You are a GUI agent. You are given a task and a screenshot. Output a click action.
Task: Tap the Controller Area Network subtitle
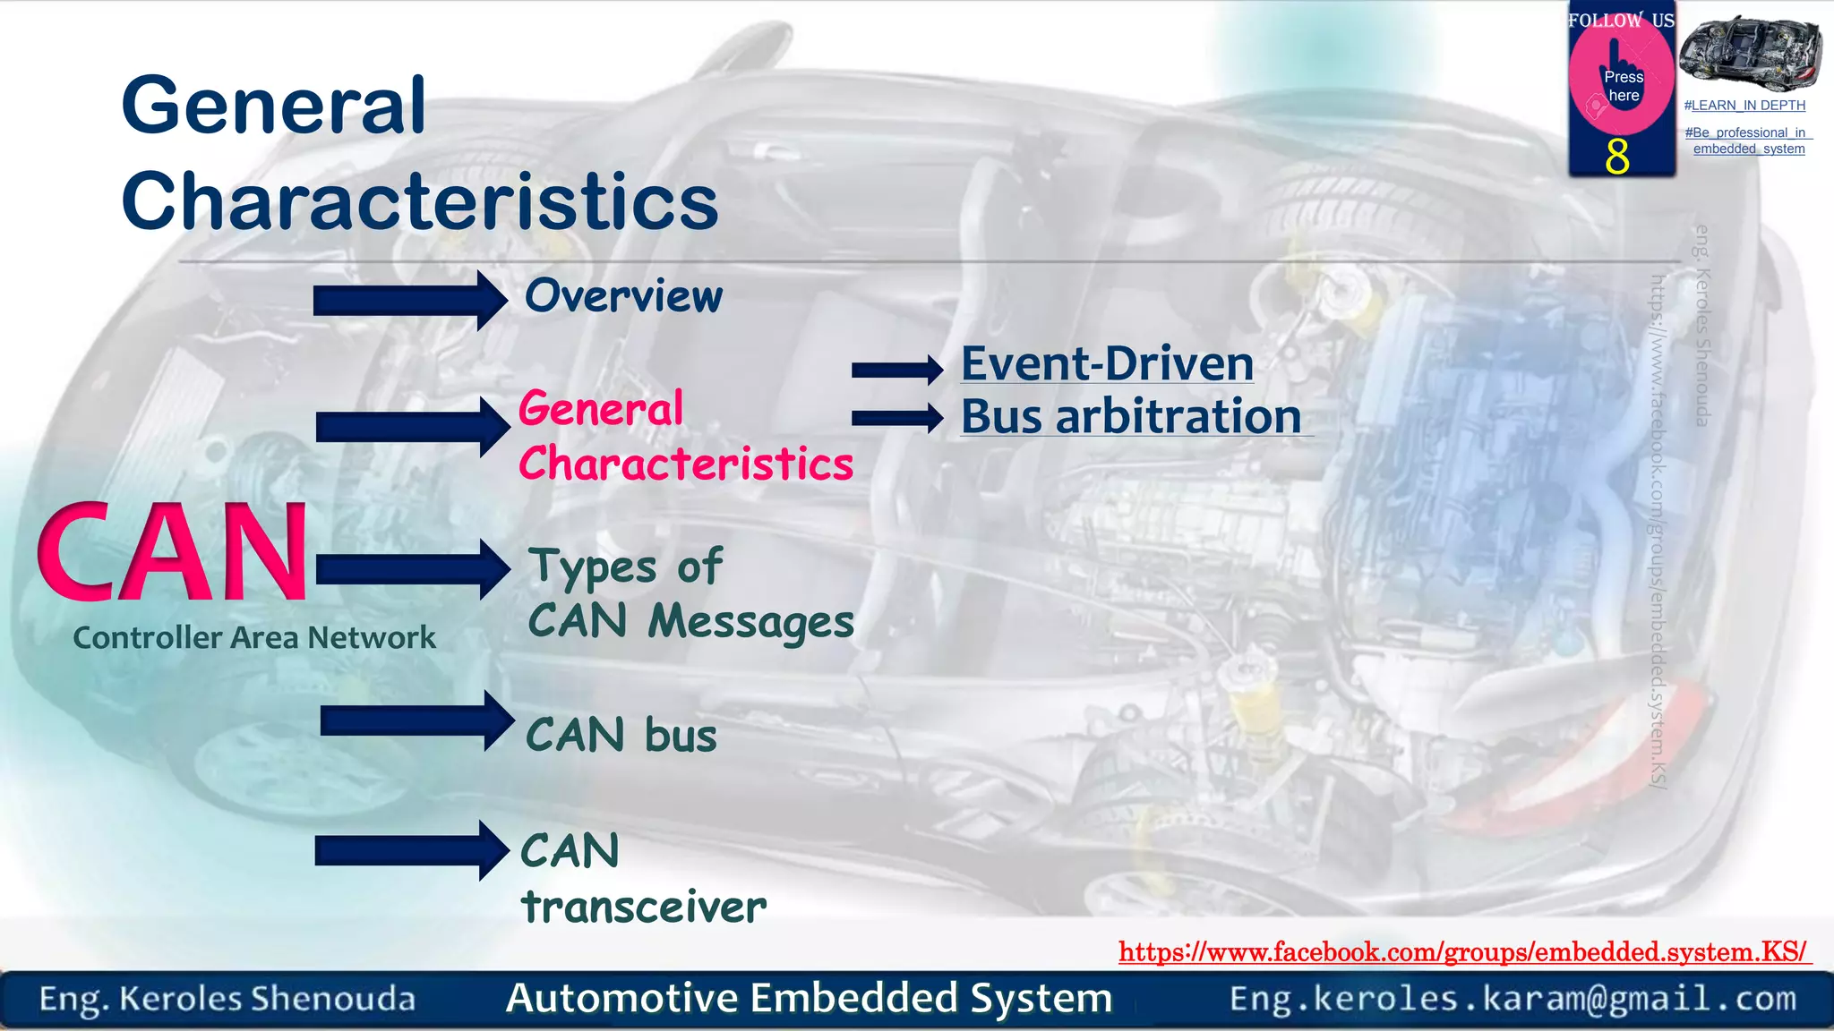tap(254, 638)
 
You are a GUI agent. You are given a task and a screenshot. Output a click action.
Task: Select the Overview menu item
tap(623, 296)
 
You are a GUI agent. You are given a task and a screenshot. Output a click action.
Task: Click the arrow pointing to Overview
tap(409, 301)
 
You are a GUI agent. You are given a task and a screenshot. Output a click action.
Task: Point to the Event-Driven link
tap(1107, 364)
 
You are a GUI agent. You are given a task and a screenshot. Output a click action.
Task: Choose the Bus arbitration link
tap(1131, 417)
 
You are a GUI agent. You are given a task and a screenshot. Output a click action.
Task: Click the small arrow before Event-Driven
tap(896, 370)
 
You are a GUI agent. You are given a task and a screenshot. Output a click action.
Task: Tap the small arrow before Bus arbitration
tap(896, 418)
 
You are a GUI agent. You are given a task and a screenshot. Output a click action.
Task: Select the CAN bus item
tap(621, 736)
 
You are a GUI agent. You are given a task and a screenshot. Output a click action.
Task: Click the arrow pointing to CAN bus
tap(416, 720)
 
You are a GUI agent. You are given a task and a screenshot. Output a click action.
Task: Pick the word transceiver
tap(644, 907)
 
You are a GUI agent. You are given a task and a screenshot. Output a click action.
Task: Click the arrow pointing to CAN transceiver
tap(411, 851)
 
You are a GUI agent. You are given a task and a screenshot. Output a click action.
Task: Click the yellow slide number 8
tap(1617, 158)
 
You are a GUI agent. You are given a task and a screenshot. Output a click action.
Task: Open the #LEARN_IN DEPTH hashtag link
tap(1744, 106)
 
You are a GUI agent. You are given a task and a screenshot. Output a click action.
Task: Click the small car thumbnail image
tap(1749, 52)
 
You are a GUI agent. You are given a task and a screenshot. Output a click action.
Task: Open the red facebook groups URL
tap(1463, 952)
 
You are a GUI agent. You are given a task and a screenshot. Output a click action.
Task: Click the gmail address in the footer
tap(1513, 999)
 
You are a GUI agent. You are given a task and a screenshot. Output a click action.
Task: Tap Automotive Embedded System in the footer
tap(809, 999)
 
